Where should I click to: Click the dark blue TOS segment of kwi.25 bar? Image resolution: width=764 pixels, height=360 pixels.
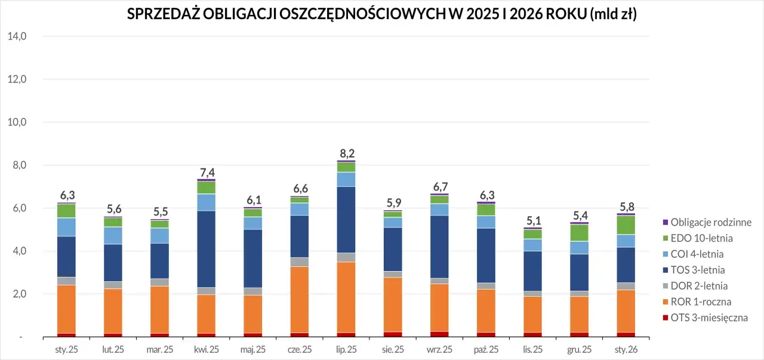(x=207, y=249)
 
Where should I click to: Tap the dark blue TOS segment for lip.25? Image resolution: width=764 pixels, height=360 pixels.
(x=346, y=219)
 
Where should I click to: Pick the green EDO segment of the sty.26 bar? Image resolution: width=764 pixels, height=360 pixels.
(x=626, y=225)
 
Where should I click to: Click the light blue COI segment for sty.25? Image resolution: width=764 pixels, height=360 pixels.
(x=67, y=227)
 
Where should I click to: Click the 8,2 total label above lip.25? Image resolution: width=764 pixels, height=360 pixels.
(x=347, y=153)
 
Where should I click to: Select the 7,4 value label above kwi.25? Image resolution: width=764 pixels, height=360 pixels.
(x=207, y=173)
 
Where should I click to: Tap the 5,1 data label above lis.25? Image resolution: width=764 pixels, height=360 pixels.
(x=532, y=221)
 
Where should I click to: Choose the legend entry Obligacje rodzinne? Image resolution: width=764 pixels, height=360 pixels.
(x=710, y=222)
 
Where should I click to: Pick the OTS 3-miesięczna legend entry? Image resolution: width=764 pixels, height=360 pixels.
(x=709, y=318)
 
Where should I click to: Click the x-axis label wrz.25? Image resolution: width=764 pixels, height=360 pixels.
(x=439, y=349)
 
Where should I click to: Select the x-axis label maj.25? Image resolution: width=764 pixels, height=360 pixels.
(x=253, y=349)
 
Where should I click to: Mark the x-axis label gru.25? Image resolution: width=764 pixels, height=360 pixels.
(x=579, y=349)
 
